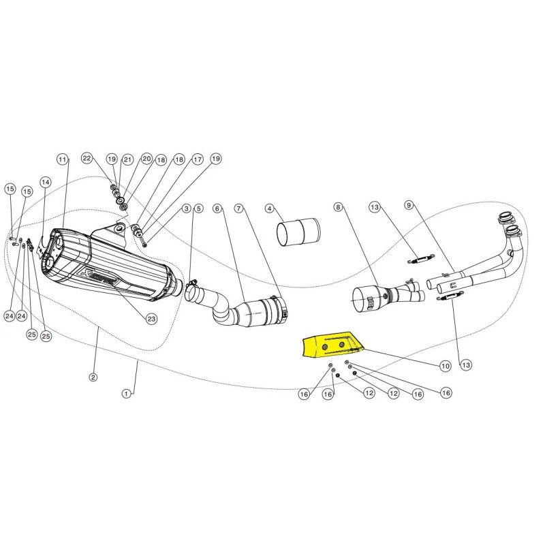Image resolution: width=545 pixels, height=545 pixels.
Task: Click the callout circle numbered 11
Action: point(62,159)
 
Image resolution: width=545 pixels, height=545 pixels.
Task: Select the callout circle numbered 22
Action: point(87,159)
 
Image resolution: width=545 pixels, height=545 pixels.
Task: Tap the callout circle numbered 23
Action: point(151,319)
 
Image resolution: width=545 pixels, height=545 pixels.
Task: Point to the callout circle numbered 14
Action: point(46,182)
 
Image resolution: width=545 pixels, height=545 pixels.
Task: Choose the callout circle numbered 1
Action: point(127,394)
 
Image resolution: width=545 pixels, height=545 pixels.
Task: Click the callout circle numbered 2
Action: point(93,377)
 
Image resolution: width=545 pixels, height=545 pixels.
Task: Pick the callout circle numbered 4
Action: point(270,208)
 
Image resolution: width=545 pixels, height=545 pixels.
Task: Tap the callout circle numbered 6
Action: point(217,208)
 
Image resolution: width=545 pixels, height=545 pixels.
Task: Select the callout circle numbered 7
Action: point(238,208)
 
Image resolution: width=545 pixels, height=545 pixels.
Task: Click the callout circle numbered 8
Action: point(338,207)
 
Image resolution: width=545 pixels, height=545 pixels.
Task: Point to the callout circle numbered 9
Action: point(409,205)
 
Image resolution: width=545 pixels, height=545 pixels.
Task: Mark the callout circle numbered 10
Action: point(446,366)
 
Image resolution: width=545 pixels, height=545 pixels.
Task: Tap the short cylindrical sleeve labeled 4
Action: point(298,232)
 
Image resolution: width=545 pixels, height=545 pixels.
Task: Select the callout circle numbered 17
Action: point(198,159)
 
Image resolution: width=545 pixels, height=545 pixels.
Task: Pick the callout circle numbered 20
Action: point(146,159)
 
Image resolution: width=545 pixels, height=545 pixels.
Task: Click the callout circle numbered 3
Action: point(187,208)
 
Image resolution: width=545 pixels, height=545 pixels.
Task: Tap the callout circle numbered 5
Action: point(198,208)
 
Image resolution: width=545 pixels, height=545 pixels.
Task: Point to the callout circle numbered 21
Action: point(127,159)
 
